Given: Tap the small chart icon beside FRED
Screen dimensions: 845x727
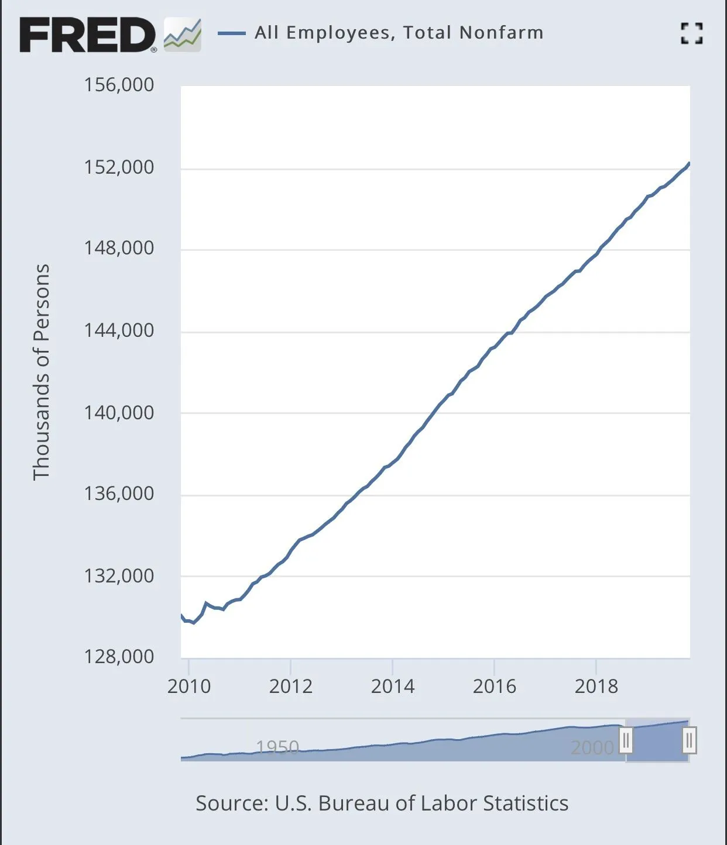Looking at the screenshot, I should click(183, 35).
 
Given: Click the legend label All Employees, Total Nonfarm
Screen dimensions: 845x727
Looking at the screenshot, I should click(399, 33).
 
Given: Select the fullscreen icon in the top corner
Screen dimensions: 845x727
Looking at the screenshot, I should click(691, 33).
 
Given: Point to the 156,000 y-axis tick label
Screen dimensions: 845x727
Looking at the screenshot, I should click(119, 85).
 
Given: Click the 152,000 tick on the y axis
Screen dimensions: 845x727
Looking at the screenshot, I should click(119, 167).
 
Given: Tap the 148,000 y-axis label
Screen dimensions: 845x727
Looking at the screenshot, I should click(119, 248).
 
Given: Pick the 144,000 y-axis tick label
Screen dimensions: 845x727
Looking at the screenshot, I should click(119, 330).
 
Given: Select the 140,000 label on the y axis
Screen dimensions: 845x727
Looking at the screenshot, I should click(119, 413).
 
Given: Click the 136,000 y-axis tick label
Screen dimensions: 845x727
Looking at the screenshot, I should click(119, 494).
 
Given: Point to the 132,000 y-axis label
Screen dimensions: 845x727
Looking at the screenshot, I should click(119, 576).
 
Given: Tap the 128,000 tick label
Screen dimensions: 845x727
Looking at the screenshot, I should click(119, 657).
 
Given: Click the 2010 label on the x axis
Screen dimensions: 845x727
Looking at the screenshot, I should click(188, 686).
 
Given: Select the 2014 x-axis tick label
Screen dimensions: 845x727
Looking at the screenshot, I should click(392, 686).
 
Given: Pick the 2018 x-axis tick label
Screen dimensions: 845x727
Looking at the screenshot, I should click(596, 686).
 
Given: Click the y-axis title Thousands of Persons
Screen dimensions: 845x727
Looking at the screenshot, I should click(41, 372).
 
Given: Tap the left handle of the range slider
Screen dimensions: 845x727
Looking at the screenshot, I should click(626, 741).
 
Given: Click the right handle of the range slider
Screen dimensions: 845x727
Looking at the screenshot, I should click(690, 741).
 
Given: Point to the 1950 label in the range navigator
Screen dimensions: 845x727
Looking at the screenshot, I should click(277, 747).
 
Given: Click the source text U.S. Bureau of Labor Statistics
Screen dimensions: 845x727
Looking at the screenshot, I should click(382, 803).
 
